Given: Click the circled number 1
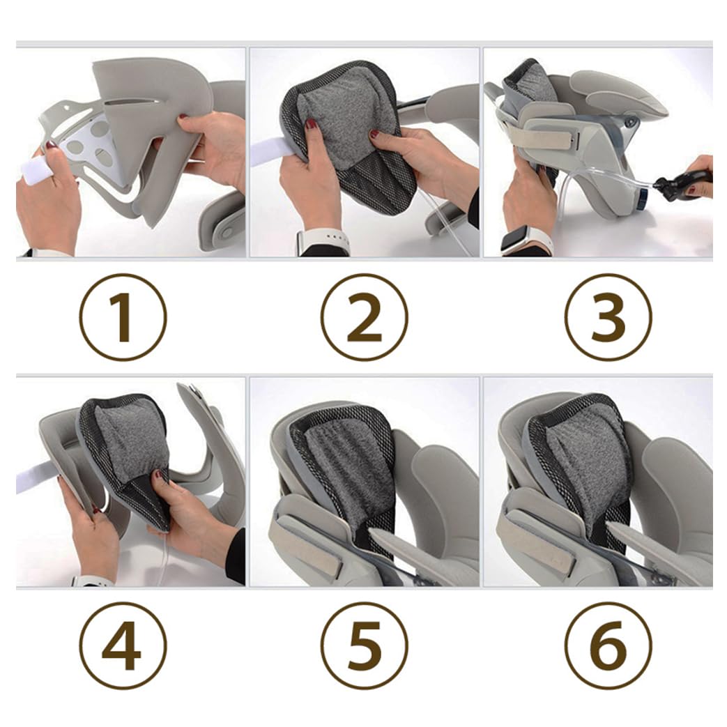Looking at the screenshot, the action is coord(123,317).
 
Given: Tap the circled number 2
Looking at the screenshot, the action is coord(365,317).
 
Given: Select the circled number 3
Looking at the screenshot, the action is coord(609,317).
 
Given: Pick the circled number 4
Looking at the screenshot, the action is coord(123,645).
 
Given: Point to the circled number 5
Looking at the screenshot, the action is coord(365,645).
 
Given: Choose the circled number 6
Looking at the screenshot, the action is coord(609,645).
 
